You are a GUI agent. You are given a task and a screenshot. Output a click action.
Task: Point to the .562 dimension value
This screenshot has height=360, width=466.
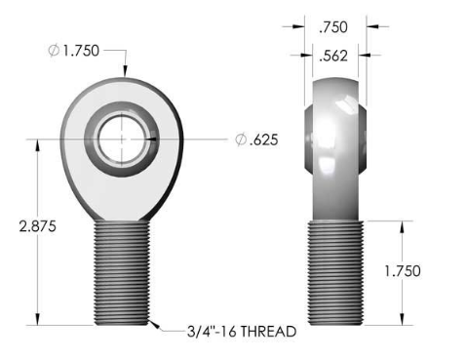[x=335, y=57]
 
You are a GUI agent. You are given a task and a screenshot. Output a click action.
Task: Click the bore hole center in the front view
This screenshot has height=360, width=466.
[x=123, y=139]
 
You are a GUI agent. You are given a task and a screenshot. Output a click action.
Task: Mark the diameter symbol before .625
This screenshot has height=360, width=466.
[x=240, y=140]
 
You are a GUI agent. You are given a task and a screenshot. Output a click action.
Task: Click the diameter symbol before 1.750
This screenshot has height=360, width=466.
[x=54, y=51]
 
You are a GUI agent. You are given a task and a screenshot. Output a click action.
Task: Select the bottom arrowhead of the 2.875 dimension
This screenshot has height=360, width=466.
[x=36, y=321]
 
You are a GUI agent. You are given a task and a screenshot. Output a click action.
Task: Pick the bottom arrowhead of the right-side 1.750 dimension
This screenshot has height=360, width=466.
[x=401, y=321]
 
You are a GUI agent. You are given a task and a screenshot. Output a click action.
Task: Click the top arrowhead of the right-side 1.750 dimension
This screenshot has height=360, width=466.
[x=401, y=224]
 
